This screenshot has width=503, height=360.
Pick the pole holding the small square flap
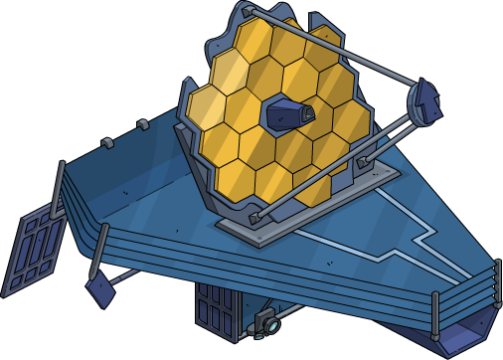click(102, 255)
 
